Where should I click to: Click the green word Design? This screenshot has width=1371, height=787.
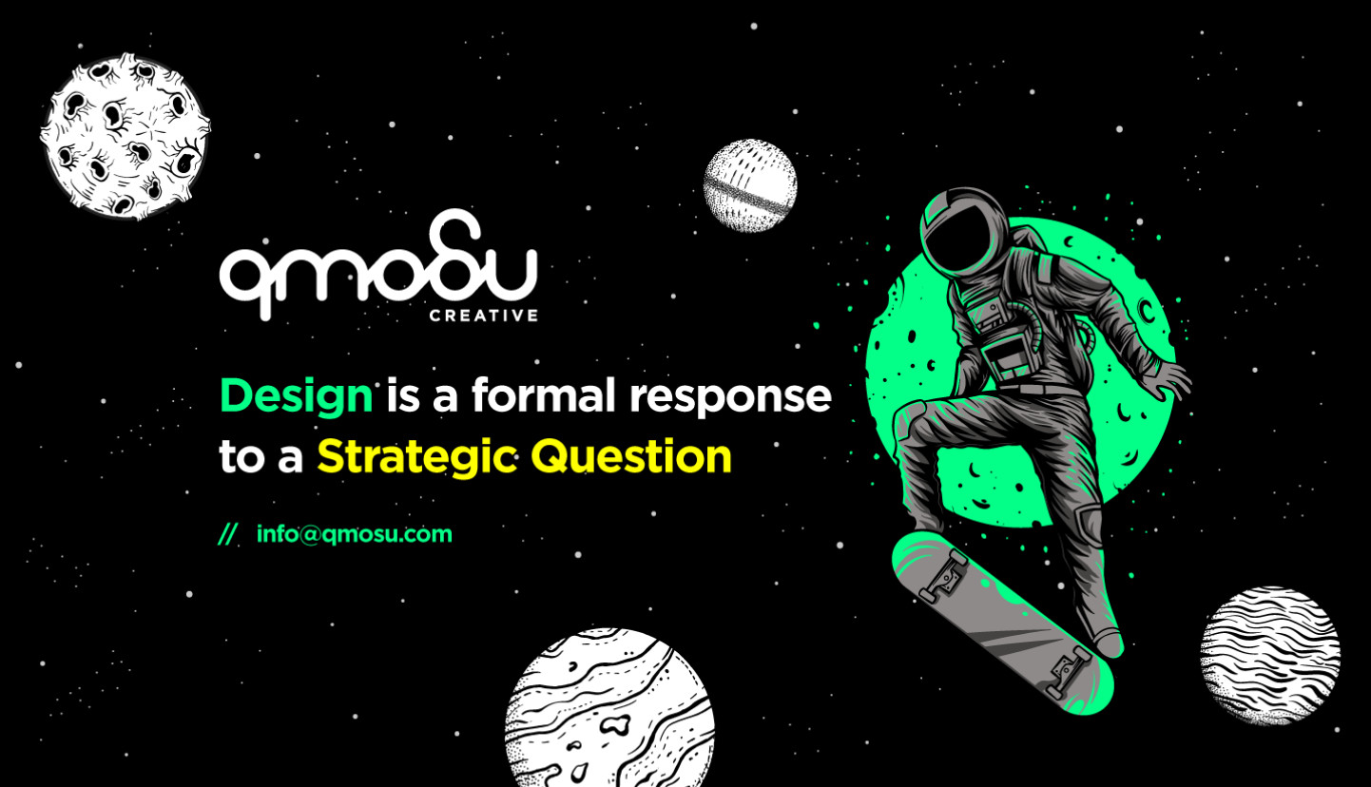point(297,396)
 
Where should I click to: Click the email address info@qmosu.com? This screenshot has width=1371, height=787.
point(355,534)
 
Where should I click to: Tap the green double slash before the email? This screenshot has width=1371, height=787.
point(228,534)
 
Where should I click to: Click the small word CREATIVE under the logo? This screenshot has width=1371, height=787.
point(484,316)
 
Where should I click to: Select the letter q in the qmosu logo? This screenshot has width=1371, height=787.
point(249,282)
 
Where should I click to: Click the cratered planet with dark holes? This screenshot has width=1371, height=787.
point(126,136)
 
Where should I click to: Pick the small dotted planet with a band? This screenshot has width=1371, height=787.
point(750,185)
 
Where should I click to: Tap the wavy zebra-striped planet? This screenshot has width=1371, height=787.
point(1270,656)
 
